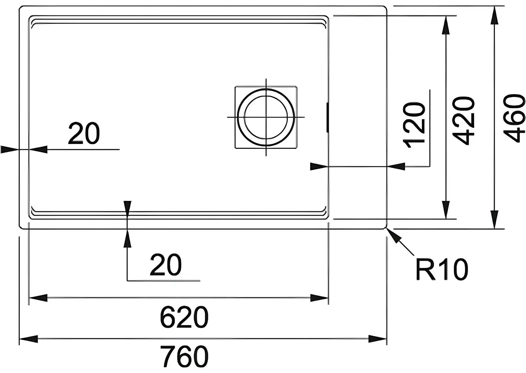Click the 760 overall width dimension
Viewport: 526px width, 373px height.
pyautogui.click(x=184, y=356)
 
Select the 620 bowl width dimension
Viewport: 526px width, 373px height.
pyautogui.click(x=184, y=317)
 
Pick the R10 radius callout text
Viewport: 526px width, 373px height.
pyautogui.click(x=442, y=269)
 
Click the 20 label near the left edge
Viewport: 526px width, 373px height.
pyautogui.click(x=84, y=133)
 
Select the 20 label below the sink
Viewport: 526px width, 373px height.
pyautogui.click(x=166, y=265)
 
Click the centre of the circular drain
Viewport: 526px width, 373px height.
pyautogui.click(x=266, y=117)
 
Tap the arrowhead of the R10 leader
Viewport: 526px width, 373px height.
pyautogui.click(x=393, y=234)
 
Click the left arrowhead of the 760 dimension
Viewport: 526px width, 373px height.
pyautogui.click(x=28, y=339)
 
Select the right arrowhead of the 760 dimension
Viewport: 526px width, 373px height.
pyautogui.click(x=377, y=339)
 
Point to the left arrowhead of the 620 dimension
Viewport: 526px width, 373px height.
pyautogui.click(x=38, y=298)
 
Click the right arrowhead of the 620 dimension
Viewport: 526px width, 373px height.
pyautogui.click(x=319, y=298)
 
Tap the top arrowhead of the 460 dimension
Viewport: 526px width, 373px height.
pyautogui.click(x=495, y=15)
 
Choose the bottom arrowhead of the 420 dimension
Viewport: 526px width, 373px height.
pyautogui.click(x=446, y=210)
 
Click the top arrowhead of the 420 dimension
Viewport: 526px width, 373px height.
pyautogui.click(x=446, y=25)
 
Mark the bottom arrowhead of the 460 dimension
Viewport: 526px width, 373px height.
pyautogui.click(x=495, y=219)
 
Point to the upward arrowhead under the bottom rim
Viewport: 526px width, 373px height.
pyautogui.click(x=127, y=238)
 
